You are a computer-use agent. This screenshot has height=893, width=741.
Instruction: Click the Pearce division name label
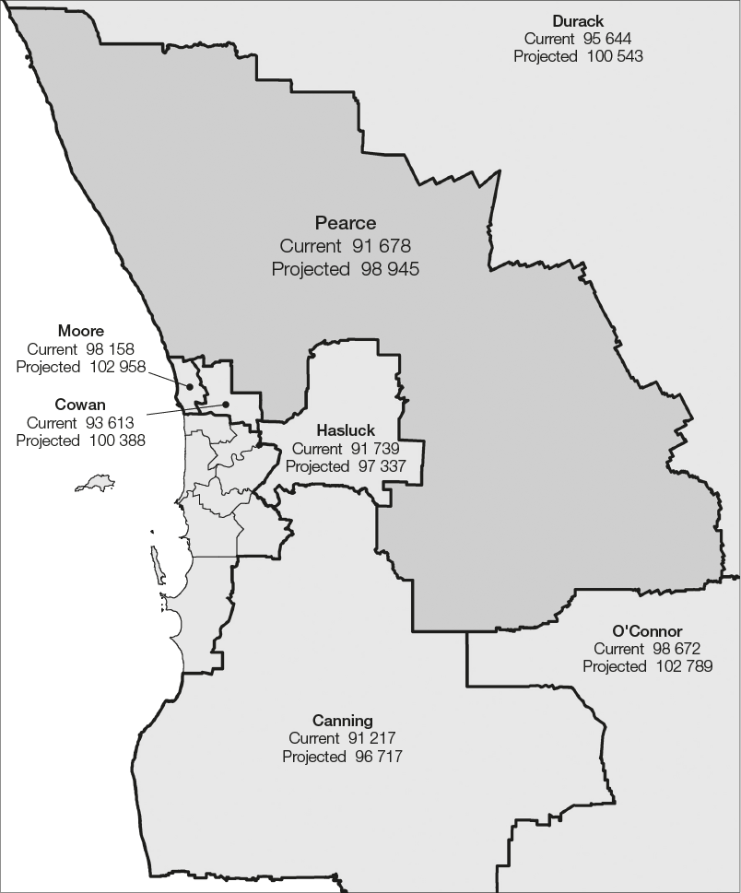click(x=346, y=223)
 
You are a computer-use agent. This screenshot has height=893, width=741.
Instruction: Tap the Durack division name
click(x=578, y=21)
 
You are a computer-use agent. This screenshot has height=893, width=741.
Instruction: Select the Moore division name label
click(x=80, y=331)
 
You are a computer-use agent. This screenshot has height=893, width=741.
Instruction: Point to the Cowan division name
click(x=80, y=405)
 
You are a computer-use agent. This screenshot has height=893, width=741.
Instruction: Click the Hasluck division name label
click(x=346, y=430)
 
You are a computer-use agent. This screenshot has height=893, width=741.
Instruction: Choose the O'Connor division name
click(x=647, y=631)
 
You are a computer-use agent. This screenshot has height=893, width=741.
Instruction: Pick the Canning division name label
click(x=342, y=721)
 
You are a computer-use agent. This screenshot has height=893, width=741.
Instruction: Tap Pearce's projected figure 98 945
click(x=384, y=269)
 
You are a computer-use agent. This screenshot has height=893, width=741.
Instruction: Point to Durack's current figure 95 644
click(x=606, y=39)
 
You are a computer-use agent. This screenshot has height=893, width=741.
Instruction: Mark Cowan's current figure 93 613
click(x=108, y=423)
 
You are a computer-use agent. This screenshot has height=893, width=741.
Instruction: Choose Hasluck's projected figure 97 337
click(x=376, y=466)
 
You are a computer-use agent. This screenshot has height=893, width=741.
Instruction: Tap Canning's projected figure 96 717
click(x=378, y=757)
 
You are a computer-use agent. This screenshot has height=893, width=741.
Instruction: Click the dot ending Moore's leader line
click(x=191, y=387)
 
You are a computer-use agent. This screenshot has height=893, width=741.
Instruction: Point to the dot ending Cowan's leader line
click(x=225, y=404)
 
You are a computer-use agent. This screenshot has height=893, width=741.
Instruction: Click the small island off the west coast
click(x=97, y=482)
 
